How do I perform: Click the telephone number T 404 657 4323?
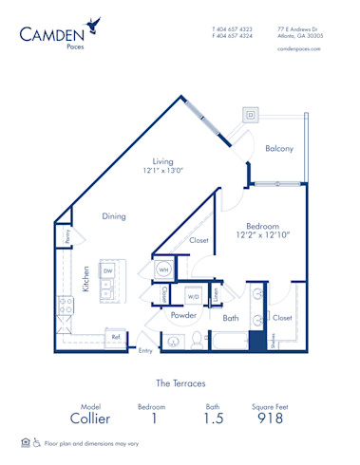point(232,28)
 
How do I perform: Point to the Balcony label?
point(278,148)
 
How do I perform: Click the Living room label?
point(163,161)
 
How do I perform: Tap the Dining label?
point(114,216)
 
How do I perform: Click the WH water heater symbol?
point(163,270)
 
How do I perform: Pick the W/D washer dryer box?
point(194,296)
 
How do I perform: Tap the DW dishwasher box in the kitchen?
point(108,270)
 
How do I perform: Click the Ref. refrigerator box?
point(116,336)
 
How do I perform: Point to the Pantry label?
point(67,237)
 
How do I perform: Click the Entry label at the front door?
point(145,351)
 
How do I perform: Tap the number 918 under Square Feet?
point(270,418)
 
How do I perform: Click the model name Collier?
point(90,418)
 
